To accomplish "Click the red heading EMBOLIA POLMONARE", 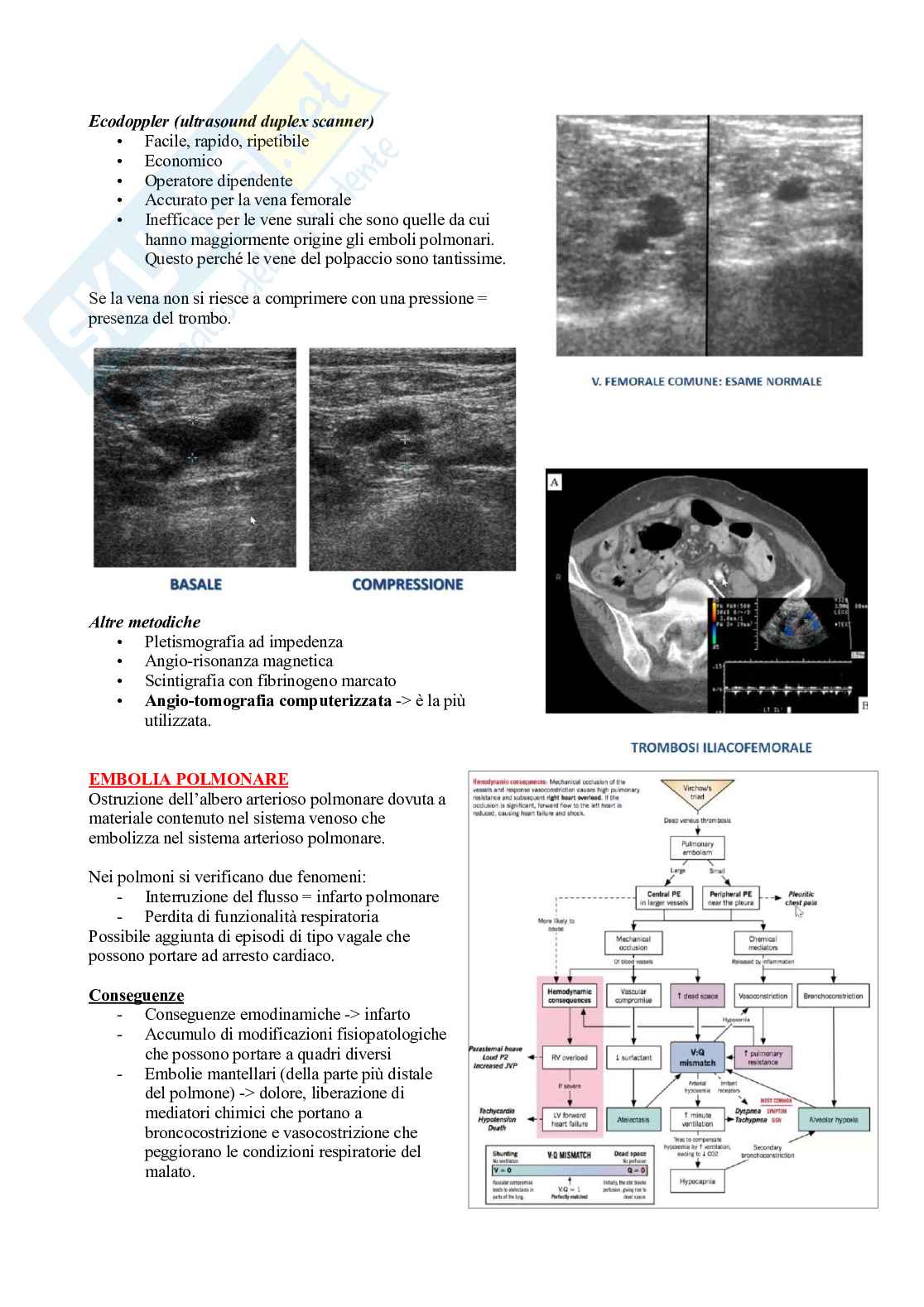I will click(x=188, y=779).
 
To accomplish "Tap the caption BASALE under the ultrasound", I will click(x=195, y=584).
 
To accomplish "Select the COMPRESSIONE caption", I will click(x=407, y=584).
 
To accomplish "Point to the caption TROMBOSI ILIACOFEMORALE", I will click(x=720, y=747).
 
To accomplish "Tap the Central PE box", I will click(x=664, y=898).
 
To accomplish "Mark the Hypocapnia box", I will click(x=697, y=1181).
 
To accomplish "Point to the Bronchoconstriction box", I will click(x=833, y=996).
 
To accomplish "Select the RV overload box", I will click(x=570, y=1057).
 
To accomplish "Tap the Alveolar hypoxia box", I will click(x=833, y=1120).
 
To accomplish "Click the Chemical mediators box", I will click(x=763, y=943).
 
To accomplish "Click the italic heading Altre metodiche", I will click(x=144, y=622).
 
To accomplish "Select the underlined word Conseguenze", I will click(x=136, y=995).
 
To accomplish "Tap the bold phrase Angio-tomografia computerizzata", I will click(x=267, y=701).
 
